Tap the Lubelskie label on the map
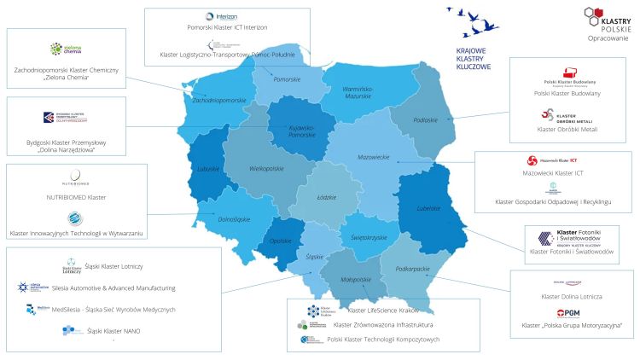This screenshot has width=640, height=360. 428,208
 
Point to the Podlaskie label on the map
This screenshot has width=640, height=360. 426,120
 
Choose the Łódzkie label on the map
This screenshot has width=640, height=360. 326,196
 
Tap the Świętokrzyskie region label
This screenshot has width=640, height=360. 369,237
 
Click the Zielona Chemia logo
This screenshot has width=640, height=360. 67,50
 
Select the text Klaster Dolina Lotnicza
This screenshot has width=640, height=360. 572,295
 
